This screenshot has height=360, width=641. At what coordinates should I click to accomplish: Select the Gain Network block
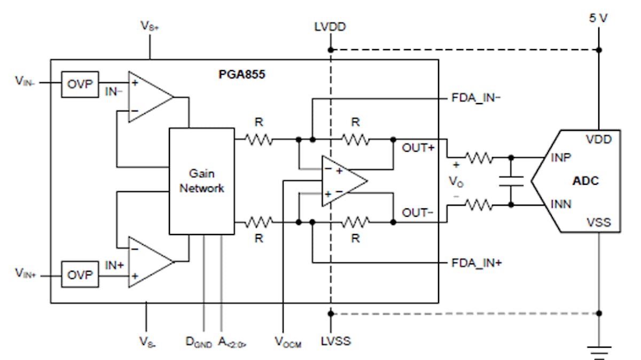pos(201,181)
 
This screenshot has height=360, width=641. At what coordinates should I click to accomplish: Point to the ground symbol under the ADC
pos(599,351)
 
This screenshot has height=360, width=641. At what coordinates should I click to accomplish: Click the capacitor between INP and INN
pos(511,181)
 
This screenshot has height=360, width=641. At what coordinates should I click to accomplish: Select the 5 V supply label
pos(599,18)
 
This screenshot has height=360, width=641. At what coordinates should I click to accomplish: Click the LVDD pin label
pos(331,27)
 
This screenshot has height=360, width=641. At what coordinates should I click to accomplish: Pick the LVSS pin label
pos(335,341)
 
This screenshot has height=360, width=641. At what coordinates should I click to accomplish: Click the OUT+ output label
pos(419,147)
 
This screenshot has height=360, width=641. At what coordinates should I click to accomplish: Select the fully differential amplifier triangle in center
pos(342,181)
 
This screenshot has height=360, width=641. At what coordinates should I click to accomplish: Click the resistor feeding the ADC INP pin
pos(479,158)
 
